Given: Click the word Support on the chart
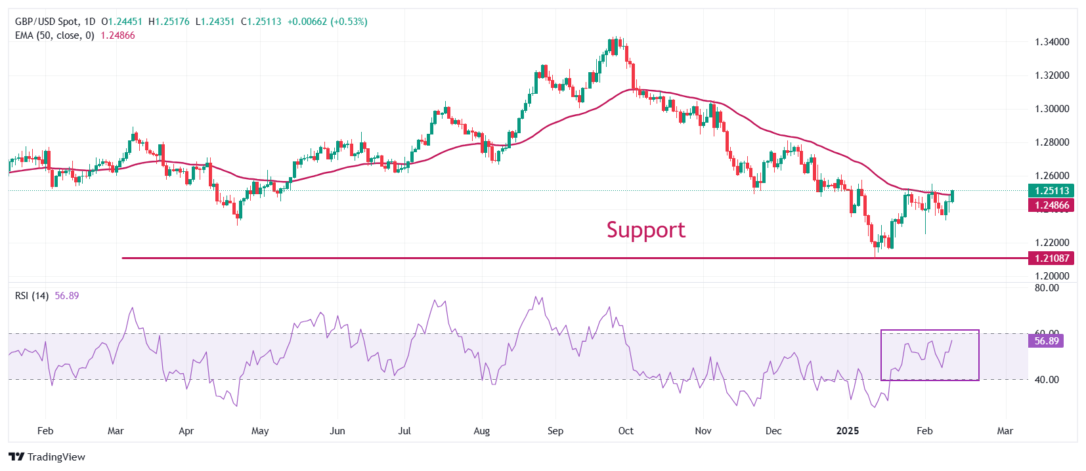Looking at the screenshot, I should pyautogui.click(x=645, y=230).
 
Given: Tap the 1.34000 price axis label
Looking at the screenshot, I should pyautogui.click(x=1052, y=42).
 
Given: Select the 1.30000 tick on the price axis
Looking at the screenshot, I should pyautogui.click(x=1052, y=109).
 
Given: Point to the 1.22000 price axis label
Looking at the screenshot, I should pyautogui.click(x=1052, y=243).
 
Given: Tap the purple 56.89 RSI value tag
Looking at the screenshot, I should pyautogui.click(x=1047, y=341).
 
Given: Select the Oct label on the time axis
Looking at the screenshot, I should pyautogui.click(x=626, y=431).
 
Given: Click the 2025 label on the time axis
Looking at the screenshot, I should pyautogui.click(x=847, y=431).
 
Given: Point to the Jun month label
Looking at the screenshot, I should pyautogui.click(x=337, y=431).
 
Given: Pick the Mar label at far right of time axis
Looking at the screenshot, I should pyautogui.click(x=1005, y=431).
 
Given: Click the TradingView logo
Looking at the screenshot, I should pyautogui.click(x=47, y=457).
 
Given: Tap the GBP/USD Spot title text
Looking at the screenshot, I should pyautogui.click(x=47, y=22).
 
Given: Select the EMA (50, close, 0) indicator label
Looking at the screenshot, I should pyautogui.click(x=54, y=35).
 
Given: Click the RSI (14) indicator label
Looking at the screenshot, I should pyautogui.click(x=32, y=296).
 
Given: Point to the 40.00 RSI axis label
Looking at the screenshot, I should pyautogui.click(x=1047, y=379).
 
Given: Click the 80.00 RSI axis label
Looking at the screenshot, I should pyautogui.click(x=1047, y=288).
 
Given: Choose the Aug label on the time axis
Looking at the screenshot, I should pyautogui.click(x=482, y=431).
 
